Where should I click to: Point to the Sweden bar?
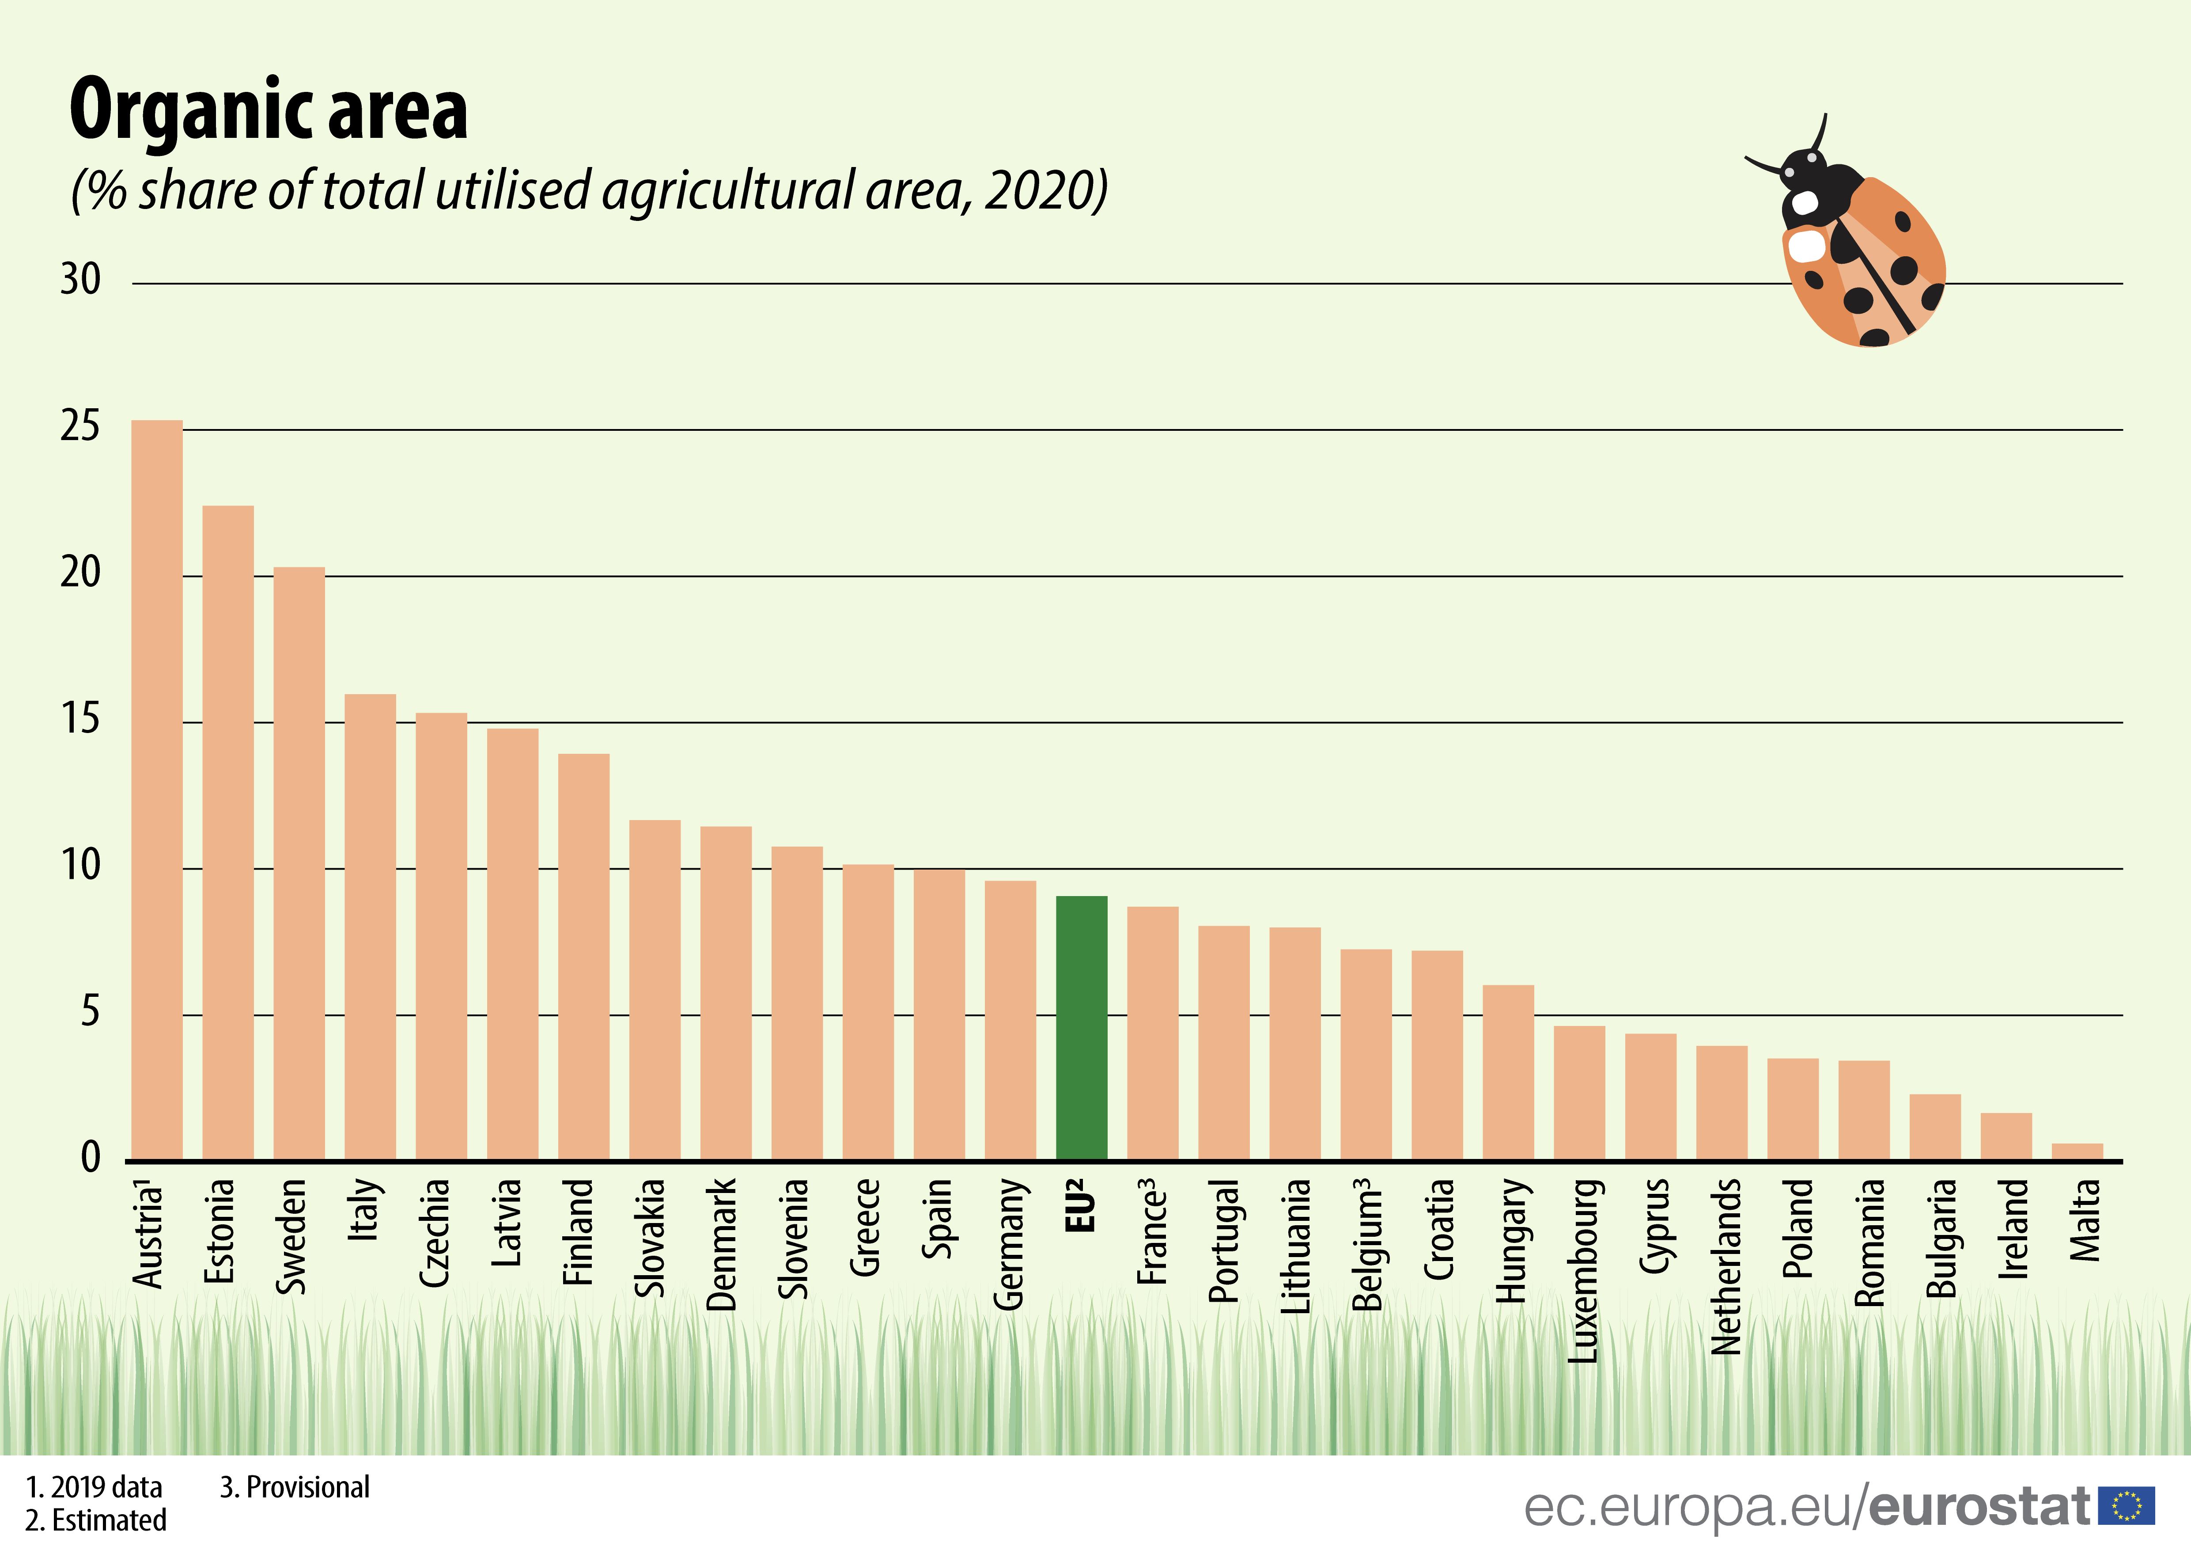299,864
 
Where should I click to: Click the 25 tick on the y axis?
80,427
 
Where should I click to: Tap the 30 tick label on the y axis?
80,280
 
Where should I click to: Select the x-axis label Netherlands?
1726,1266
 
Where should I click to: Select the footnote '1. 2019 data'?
94,1487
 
